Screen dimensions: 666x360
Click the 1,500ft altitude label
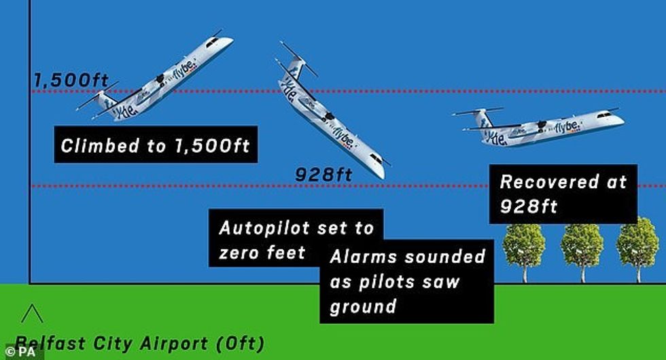click(71, 80)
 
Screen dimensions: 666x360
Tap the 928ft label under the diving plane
click(323, 174)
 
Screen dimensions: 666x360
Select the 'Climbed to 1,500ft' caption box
click(156, 144)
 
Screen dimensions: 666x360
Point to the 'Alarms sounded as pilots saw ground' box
click(407, 281)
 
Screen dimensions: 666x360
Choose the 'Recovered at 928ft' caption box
click(563, 194)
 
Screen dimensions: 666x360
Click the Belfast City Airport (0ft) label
click(139, 344)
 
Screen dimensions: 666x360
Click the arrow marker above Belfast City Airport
click(32, 313)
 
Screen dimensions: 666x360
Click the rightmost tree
click(637, 251)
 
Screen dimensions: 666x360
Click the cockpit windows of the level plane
click(604, 115)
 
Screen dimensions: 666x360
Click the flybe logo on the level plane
click(567, 126)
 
